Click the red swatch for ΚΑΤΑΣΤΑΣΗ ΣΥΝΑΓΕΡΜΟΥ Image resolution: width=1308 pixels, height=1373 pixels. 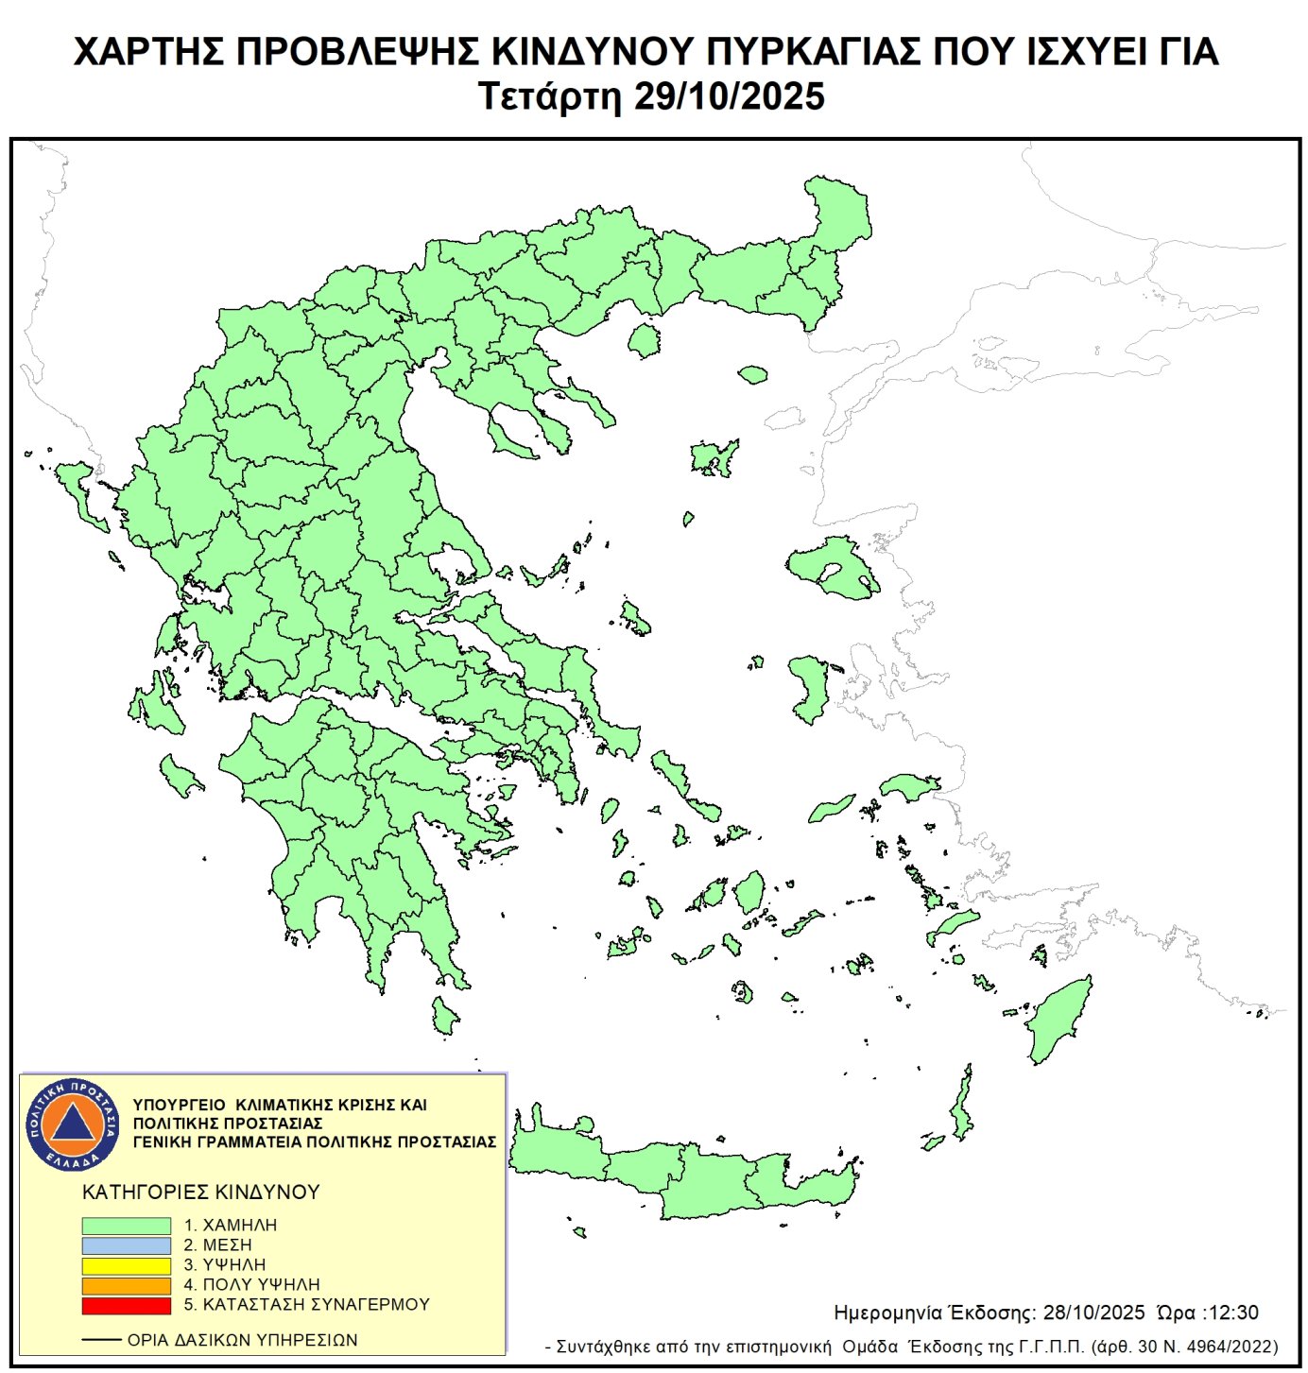click(126, 1305)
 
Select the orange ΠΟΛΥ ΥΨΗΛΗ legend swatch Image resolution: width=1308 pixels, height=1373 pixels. click(126, 1285)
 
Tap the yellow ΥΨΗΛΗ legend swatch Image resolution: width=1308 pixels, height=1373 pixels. click(126, 1265)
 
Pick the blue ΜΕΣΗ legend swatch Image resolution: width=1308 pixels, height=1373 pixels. click(126, 1245)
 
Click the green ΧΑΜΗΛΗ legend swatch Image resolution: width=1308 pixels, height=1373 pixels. click(126, 1226)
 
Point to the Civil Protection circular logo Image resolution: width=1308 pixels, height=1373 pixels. click(73, 1124)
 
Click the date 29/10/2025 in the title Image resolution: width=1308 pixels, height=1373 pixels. click(729, 96)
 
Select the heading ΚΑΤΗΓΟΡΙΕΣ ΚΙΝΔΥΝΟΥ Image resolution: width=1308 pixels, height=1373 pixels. click(201, 1193)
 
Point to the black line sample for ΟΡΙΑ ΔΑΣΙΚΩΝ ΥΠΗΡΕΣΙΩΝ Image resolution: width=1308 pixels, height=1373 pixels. click(101, 1340)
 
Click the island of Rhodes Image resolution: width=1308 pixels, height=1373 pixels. click(1060, 1021)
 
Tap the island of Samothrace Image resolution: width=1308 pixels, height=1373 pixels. click(752, 375)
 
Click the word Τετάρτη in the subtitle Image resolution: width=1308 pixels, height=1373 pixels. click(549, 96)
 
